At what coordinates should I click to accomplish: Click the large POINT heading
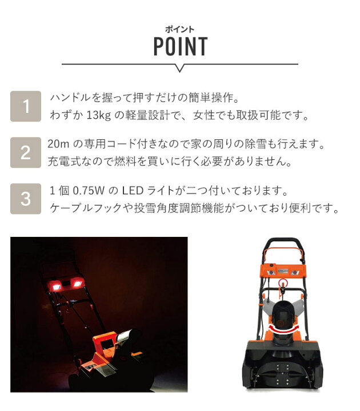[x=180, y=46]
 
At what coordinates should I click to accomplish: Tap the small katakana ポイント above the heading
[x=180, y=29]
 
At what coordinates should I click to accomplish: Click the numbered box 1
[x=26, y=106]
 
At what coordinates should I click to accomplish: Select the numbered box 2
[x=26, y=152]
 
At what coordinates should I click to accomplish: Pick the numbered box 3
[x=26, y=199]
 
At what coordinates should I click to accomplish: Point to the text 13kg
[x=98, y=115]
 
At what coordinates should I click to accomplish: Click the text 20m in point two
[x=58, y=144]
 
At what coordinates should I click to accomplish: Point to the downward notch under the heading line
[x=180, y=68]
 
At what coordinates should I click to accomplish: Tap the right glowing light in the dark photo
[x=77, y=283]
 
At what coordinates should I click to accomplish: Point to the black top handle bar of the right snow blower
[x=283, y=240]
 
